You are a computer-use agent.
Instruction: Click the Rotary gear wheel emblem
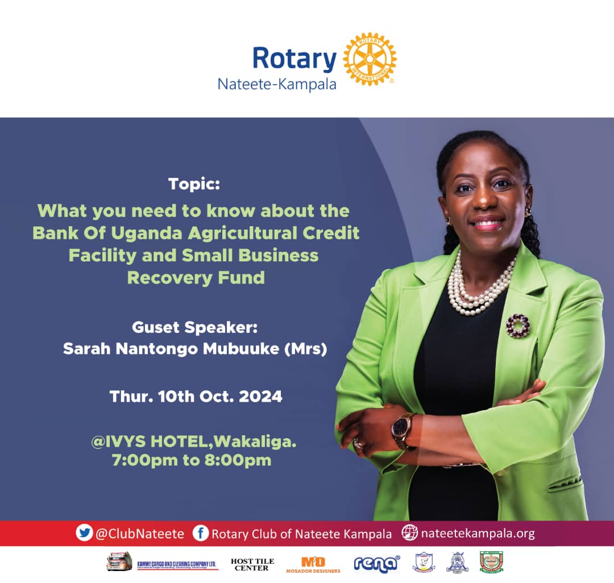[x=370, y=59]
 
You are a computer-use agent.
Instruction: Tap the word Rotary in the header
[x=294, y=59]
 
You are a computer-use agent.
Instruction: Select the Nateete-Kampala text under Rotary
[x=277, y=85]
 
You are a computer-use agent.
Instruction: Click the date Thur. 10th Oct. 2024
[x=196, y=396]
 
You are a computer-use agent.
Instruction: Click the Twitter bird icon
[x=84, y=533]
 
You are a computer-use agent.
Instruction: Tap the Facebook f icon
[x=201, y=533]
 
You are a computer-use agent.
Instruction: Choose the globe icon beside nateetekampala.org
[x=409, y=533]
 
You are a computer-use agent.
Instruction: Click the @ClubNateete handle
[x=140, y=534]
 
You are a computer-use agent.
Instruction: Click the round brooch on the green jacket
[x=517, y=326]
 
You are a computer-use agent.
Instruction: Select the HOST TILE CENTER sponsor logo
[x=252, y=564]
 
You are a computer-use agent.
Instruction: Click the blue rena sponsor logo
[x=377, y=564]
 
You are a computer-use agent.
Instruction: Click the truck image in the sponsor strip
[x=119, y=561]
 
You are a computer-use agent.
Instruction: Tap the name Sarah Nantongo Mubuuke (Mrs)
[x=195, y=348]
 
